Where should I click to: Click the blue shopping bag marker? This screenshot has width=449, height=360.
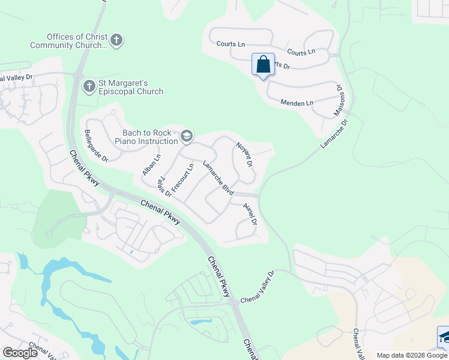click(x=263, y=64)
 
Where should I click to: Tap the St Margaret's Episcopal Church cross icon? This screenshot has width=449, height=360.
click(x=89, y=86)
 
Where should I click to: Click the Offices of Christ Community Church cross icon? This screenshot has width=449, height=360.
click(x=116, y=41)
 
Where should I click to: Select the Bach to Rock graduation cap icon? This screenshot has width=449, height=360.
click(x=187, y=136)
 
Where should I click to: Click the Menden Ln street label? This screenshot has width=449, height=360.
click(x=297, y=103)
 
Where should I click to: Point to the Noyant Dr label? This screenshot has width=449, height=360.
click(x=244, y=154)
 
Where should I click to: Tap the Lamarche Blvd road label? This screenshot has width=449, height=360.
click(x=217, y=178)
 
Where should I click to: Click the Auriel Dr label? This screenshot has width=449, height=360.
click(x=250, y=214)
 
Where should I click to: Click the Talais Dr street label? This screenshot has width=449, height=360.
click(x=164, y=187)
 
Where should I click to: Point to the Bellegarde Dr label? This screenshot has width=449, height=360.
click(x=96, y=146)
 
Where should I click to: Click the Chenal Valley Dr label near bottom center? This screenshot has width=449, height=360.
click(x=257, y=287)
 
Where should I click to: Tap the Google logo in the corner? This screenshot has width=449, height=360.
click(x=20, y=352)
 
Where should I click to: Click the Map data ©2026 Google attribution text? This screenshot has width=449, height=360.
click(x=412, y=355)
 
